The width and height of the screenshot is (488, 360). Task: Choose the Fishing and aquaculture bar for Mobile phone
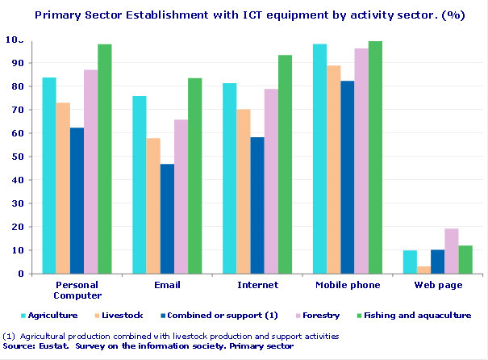[x=375, y=157]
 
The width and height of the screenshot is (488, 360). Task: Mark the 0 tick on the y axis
[x=19, y=274]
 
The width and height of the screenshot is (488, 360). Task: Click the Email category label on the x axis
[x=167, y=285]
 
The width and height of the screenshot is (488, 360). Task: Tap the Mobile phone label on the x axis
[x=348, y=285]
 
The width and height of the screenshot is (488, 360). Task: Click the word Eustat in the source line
[x=57, y=345]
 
